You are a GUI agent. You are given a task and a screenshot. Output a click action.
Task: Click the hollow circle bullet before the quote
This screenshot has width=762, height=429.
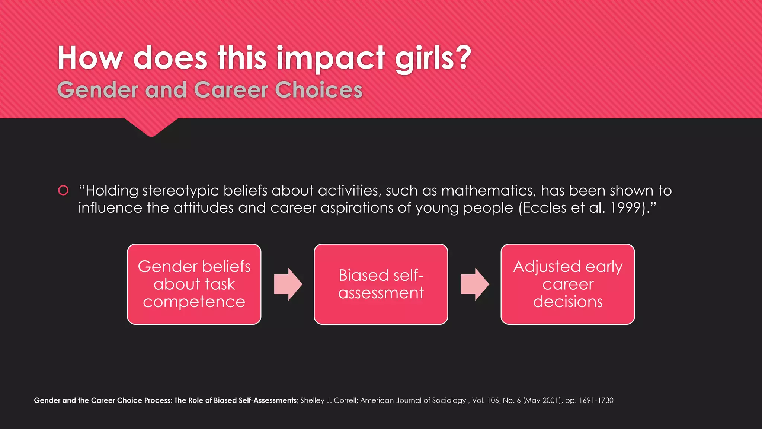[63, 190]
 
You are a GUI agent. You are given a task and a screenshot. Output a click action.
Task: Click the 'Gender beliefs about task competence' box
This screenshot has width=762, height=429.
[194, 284]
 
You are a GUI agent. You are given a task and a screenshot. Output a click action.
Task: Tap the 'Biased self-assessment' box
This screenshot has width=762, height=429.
[381, 284]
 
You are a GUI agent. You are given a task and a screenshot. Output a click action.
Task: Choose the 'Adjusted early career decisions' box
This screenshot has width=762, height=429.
[567, 284]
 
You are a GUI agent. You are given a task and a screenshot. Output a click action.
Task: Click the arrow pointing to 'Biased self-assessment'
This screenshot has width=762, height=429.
[288, 284]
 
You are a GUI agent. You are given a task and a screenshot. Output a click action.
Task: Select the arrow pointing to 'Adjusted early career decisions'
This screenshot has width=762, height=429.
[475, 284]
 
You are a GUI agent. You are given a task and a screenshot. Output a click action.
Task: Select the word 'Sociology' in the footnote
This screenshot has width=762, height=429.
[449, 400]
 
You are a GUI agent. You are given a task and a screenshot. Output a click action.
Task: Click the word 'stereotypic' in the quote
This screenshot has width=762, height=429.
[180, 191]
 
